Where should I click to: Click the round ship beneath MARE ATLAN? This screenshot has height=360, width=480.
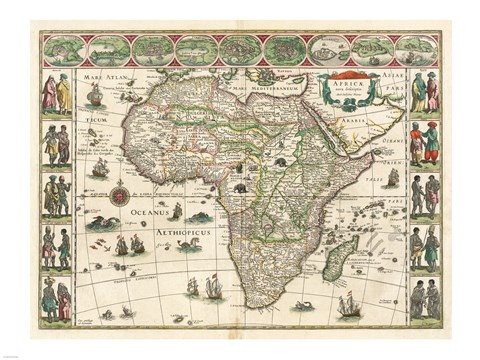pos(95,95)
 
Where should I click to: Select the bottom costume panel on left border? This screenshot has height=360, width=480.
pos(56,298)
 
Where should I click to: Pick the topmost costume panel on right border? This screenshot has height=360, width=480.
pos(425,93)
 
